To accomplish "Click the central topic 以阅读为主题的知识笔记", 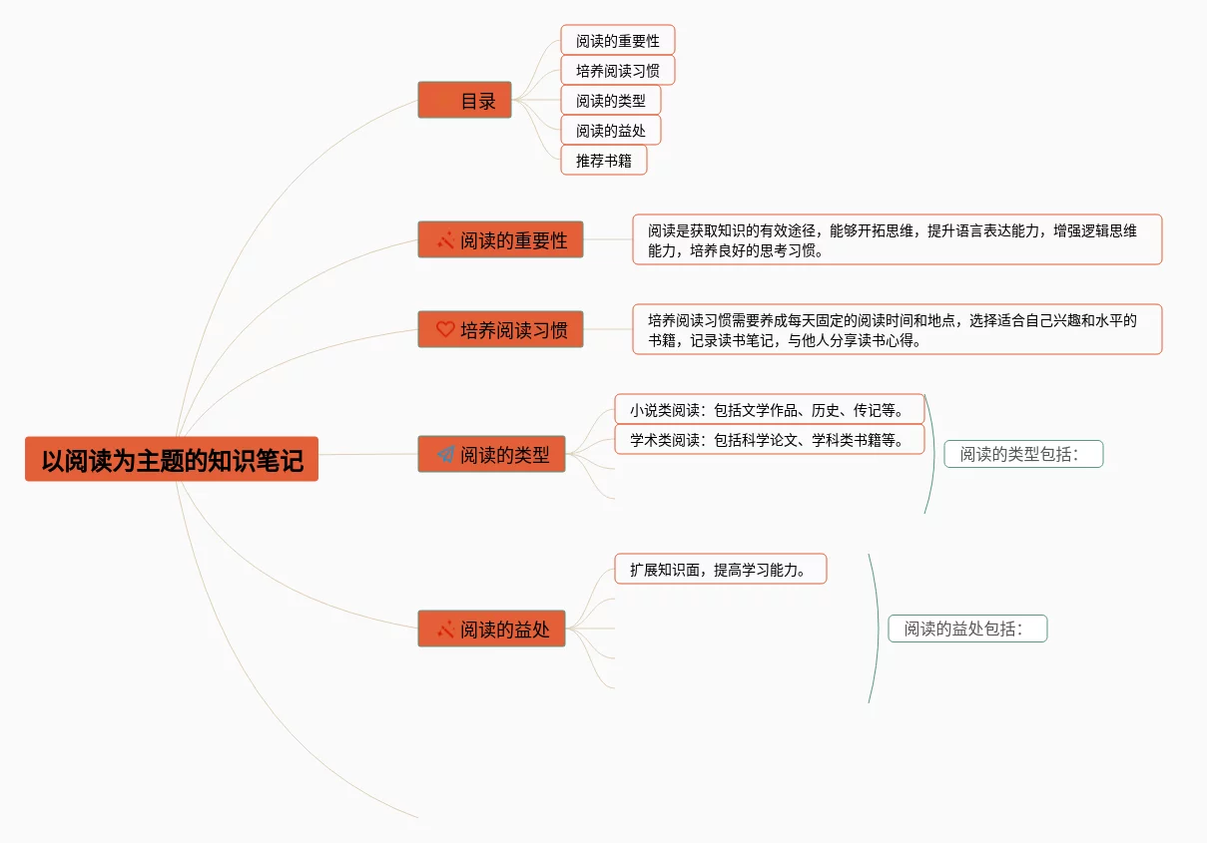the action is tap(172, 459).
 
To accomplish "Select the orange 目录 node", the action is tap(465, 100).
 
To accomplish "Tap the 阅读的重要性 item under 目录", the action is tap(617, 40).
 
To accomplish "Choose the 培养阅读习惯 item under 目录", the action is tap(617, 70).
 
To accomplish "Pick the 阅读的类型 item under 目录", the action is tap(610, 100).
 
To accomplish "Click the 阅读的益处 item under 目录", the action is tap(610, 130).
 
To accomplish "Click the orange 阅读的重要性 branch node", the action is tap(500, 239).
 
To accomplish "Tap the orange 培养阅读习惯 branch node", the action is tap(500, 329).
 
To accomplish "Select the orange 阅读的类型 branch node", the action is tap(491, 454).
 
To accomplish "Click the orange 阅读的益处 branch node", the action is tap(491, 629).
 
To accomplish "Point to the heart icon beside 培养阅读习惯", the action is tap(445, 329).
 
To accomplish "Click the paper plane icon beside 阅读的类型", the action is tap(445, 454).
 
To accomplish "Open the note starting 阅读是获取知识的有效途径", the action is tap(897, 239).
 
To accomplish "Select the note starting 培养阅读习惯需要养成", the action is tap(897, 329).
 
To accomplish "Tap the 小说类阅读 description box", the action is tap(769, 409).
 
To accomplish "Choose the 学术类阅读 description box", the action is tap(769, 439).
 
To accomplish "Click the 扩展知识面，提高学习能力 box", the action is tap(720, 569).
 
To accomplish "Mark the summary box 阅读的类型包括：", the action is tap(1023, 454).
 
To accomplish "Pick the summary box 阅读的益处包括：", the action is tap(967, 629).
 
